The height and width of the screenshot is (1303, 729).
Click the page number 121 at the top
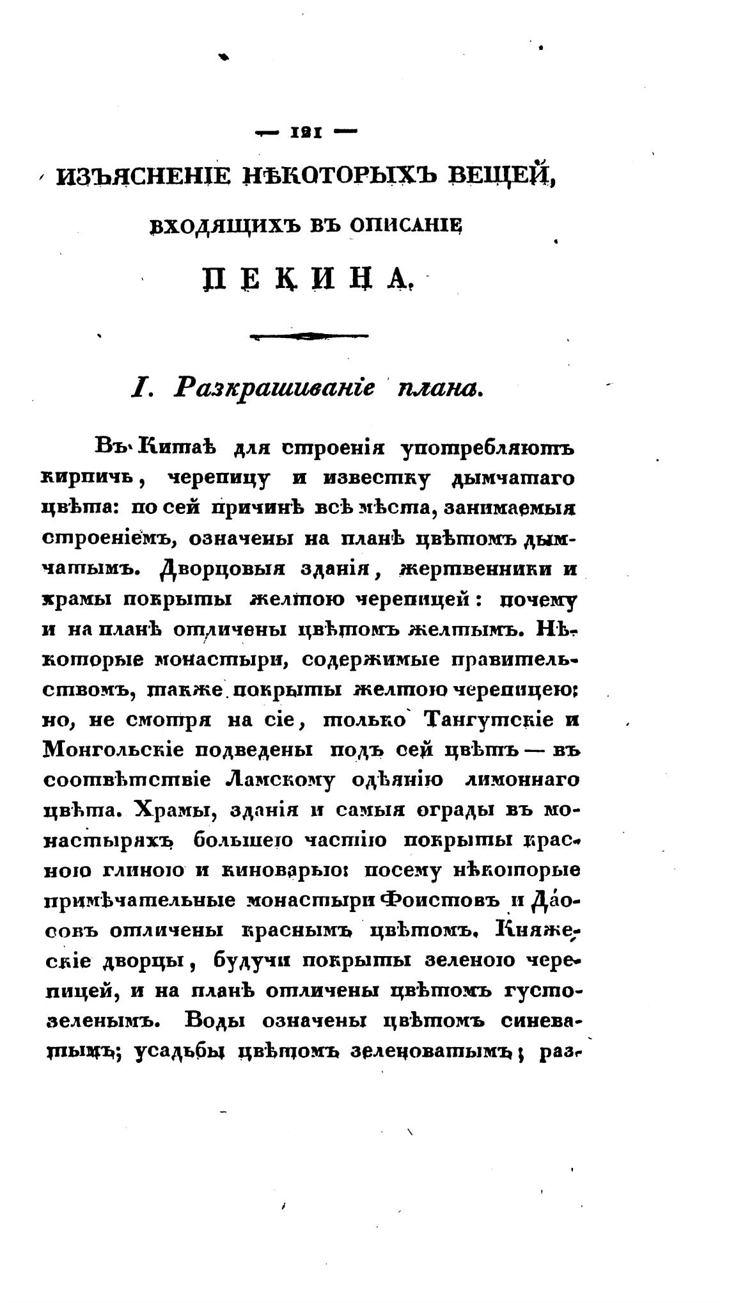point(306,134)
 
